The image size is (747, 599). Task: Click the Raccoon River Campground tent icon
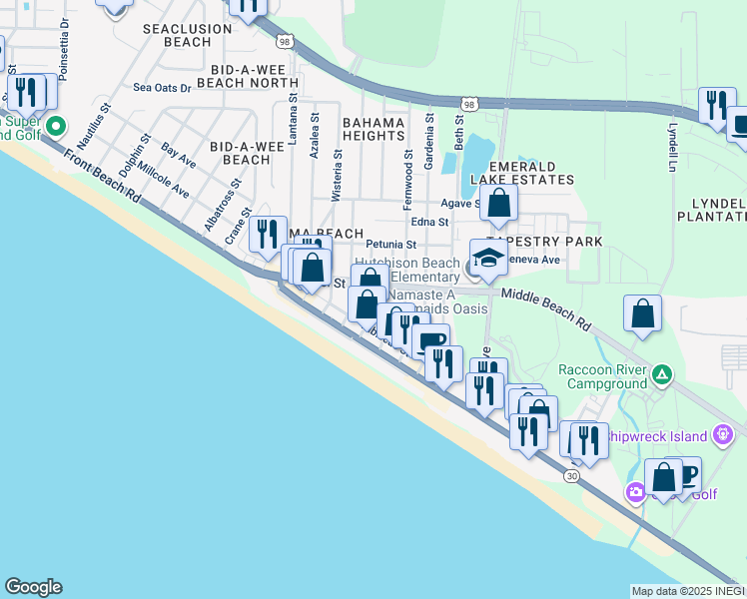pos(661,376)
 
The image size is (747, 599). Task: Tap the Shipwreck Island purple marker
pos(724,435)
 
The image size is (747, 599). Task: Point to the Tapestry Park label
pos(544,242)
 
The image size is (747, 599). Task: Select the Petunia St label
pos(390,244)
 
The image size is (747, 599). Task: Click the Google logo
pos(33,587)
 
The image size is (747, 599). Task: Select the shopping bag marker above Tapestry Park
pos(499,204)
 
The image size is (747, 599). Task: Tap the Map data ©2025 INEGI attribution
pos(687,591)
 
